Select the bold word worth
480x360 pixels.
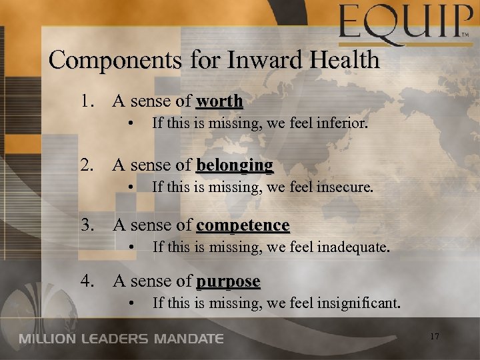pos(219,102)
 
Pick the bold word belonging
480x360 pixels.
pos(235,165)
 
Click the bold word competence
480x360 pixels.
pos(243,225)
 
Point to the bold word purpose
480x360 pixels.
pos(228,281)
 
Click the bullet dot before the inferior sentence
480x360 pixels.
pos(134,124)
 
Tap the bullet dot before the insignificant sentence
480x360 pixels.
pos(134,305)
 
